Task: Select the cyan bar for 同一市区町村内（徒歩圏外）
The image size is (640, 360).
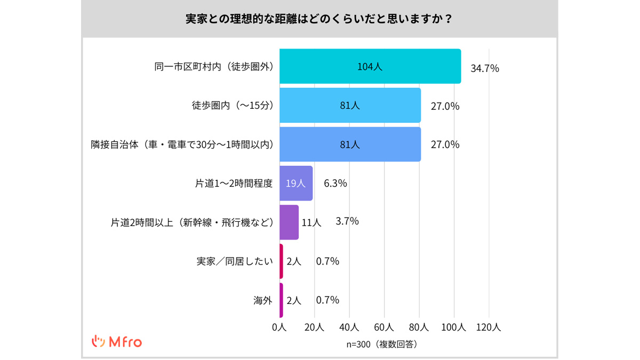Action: [370, 67]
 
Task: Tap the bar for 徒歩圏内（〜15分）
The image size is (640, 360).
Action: [350, 106]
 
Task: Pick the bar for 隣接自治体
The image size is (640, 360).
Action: [350, 144]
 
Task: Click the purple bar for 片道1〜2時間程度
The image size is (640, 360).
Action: [296, 183]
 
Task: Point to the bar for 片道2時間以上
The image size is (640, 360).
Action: [289, 222]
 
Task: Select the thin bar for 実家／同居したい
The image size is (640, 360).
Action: [281, 261]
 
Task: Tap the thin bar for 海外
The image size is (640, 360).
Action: [281, 300]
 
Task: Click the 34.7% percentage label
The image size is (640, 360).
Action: [485, 68]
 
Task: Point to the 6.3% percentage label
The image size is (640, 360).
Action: [335, 183]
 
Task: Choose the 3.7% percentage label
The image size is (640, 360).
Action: [347, 221]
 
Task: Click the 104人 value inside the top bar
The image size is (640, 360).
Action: [370, 67]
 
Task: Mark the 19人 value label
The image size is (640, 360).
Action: [295, 183]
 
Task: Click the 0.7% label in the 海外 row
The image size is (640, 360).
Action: [327, 300]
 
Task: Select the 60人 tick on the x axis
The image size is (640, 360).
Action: [384, 327]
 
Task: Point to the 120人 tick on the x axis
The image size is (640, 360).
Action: [489, 327]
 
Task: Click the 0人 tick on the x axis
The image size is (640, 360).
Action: [279, 327]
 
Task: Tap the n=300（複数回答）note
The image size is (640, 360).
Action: [382, 345]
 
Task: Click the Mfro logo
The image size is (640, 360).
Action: [117, 342]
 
